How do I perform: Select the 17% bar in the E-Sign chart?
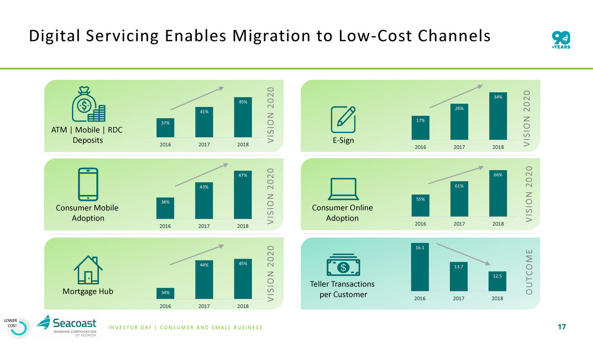[x=420, y=128]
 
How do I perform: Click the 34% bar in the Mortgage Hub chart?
[x=165, y=293]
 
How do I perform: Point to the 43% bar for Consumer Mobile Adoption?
[x=204, y=200]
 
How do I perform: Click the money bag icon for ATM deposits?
[x=88, y=105]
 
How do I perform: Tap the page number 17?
[x=561, y=328]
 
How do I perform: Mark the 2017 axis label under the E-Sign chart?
[x=459, y=147]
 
